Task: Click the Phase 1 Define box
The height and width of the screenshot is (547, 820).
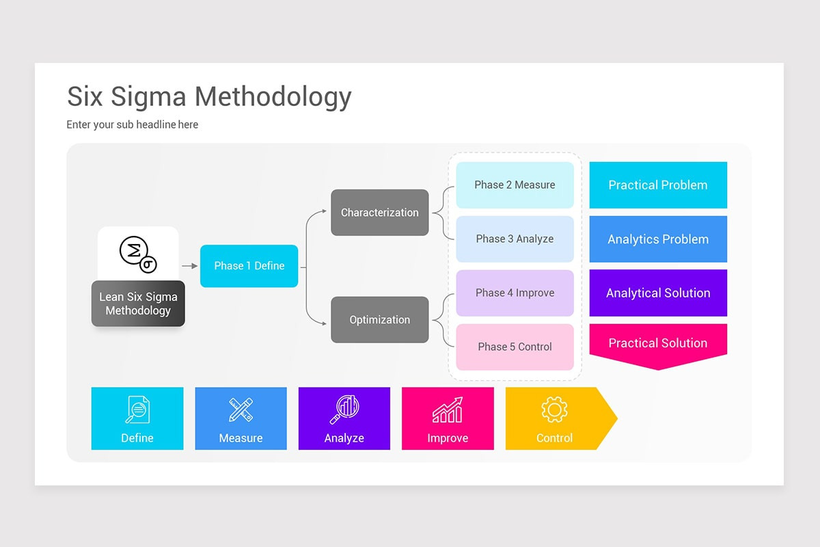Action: coord(249,266)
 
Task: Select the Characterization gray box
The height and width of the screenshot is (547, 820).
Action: coord(379,213)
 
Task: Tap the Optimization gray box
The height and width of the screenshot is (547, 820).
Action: coord(379,319)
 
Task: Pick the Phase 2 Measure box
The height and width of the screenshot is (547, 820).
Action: coord(515,185)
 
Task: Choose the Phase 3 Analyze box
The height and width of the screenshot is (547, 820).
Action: coord(515,239)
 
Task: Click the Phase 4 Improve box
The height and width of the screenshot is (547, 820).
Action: coord(515,293)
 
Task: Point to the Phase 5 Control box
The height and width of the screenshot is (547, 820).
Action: coord(515,347)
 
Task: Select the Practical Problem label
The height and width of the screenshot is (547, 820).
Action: coord(657,185)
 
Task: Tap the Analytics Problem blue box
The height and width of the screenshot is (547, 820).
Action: coord(657,239)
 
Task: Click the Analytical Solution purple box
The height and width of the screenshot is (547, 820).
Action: coord(657,293)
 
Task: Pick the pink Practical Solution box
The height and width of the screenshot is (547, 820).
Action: coord(657,343)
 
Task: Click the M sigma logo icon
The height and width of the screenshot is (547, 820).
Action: coord(138,254)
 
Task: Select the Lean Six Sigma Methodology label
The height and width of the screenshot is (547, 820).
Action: coord(138,304)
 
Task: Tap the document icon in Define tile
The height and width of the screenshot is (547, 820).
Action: coord(137,410)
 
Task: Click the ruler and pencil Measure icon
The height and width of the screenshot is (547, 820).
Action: coord(241,410)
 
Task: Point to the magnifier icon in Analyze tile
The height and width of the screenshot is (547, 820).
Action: coord(344,410)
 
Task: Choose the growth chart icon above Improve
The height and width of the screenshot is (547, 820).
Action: coord(448,410)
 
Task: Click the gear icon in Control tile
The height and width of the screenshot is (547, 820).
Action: coord(554,410)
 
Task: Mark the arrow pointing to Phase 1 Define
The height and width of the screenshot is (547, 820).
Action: coord(189,266)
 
